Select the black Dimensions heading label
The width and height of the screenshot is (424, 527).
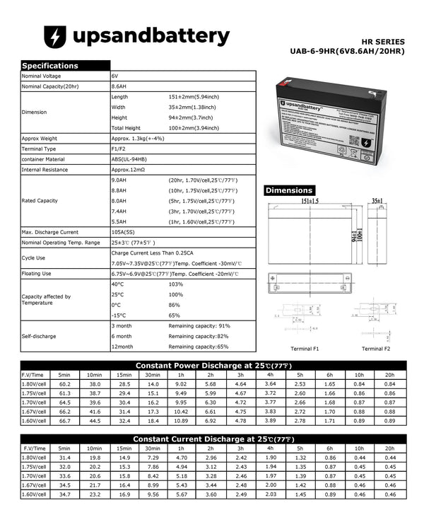click(289, 190)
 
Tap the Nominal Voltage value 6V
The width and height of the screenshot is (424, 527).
click(114, 75)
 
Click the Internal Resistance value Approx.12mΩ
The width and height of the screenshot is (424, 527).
click(127, 170)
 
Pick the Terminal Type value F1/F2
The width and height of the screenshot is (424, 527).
click(118, 149)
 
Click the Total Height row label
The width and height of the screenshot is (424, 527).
click(126, 128)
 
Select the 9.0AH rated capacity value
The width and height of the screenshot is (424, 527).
click(119, 180)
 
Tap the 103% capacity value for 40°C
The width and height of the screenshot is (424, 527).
click(175, 284)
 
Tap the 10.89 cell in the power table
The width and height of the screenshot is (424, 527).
click(181, 421)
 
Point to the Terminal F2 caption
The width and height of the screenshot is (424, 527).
click(376, 349)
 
